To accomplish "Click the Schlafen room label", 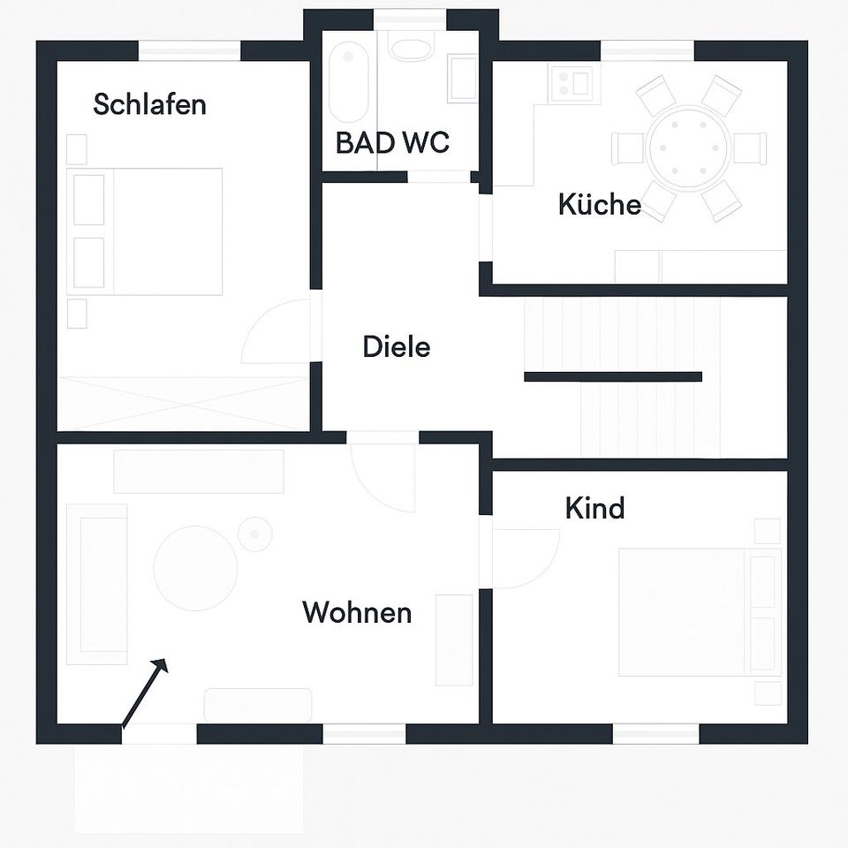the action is coord(149,104).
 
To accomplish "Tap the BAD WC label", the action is coord(392,142).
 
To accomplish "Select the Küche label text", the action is coord(599,204).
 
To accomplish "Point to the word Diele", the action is coord(397,346).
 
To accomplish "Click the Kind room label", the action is coord(594,508).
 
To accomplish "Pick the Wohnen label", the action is coord(357,612).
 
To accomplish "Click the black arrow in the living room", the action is coord(144,693).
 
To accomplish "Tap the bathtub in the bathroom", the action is coord(348,82).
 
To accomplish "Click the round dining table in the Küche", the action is coord(689,148).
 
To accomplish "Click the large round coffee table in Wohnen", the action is coord(195,568).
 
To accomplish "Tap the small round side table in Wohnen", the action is coord(255,534).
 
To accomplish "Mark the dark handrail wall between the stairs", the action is coord(612,376).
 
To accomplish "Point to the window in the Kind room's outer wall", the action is coord(655,732).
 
